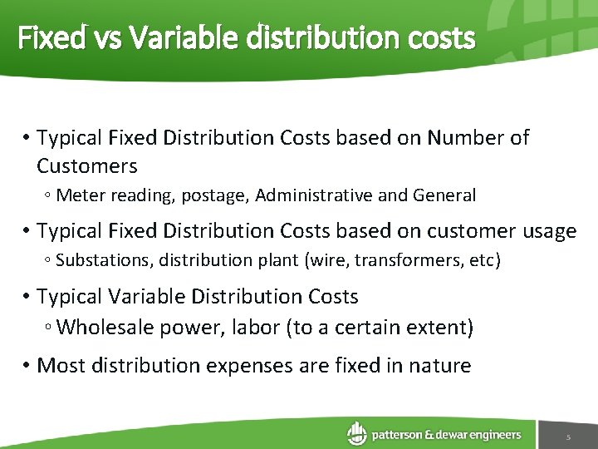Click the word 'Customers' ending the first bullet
(x=87, y=166)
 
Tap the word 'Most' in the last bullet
(x=60, y=365)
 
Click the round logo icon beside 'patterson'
(x=357, y=433)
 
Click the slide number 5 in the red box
(x=568, y=437)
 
